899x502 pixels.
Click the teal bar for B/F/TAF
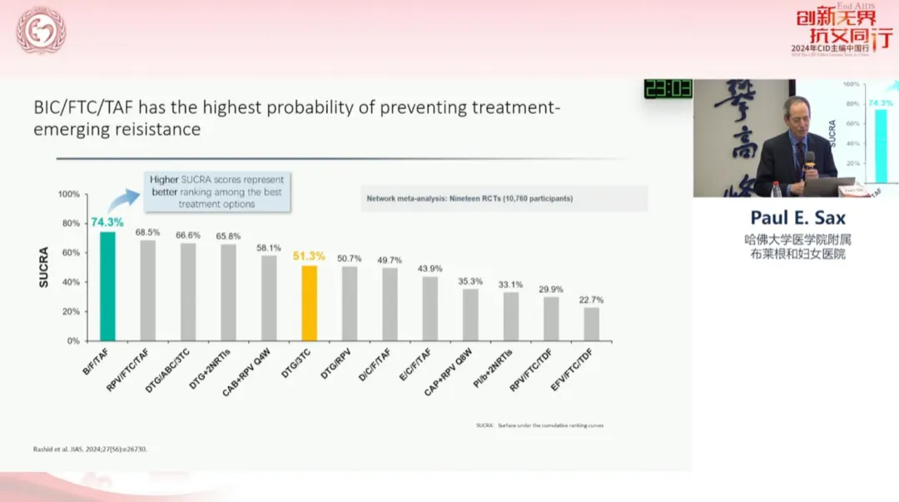pos(107,286)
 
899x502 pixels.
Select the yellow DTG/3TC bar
pos(309,303)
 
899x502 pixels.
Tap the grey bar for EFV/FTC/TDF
pos(591,324)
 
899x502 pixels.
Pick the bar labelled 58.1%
pos(269,297)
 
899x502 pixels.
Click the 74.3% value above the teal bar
pos(107,222)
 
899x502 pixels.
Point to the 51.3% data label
pos(309,256)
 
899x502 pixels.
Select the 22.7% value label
pos(591,300)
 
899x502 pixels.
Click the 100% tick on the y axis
pos(69,195)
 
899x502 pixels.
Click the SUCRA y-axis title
pos(44,267)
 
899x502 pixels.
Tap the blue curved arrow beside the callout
pos(127,196)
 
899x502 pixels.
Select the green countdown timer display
pos(668,88)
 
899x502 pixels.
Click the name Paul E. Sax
pos(797,219)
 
